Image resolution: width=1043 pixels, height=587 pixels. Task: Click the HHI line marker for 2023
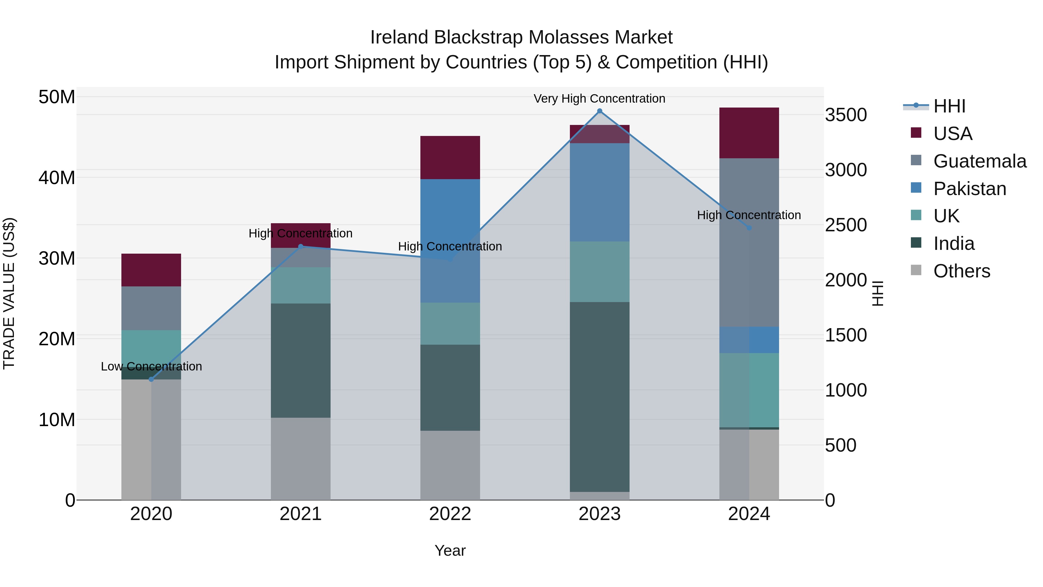tap(600, 111)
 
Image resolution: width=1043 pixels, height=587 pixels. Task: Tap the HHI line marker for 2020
tap(152, 379)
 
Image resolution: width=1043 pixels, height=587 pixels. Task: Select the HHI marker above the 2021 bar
tap(300, 246)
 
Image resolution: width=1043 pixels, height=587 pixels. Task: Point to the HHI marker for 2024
tap(749, 228)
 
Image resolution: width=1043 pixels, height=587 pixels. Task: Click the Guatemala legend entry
tap(980, 161)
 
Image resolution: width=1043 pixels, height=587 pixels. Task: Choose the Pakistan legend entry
tap(969, 189)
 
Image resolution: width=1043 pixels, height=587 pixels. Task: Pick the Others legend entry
tap(961, 271)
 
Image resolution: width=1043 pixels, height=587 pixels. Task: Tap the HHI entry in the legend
tap(949, 106)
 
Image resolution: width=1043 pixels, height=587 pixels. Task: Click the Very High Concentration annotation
tap(599, 99)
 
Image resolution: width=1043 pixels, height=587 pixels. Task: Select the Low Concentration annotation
tap(152, 366)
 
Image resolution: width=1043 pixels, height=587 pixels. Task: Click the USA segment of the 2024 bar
tap(749, 133)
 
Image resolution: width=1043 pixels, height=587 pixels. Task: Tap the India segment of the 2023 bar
tap(600, 397)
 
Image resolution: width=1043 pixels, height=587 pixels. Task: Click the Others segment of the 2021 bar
tap(300, 459)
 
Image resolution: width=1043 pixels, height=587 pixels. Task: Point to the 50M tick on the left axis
tap(57, 97)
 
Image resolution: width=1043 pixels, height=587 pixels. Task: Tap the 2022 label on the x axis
tap(450, 514)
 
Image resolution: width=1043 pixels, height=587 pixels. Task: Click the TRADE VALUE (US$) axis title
tap(9, 293)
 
